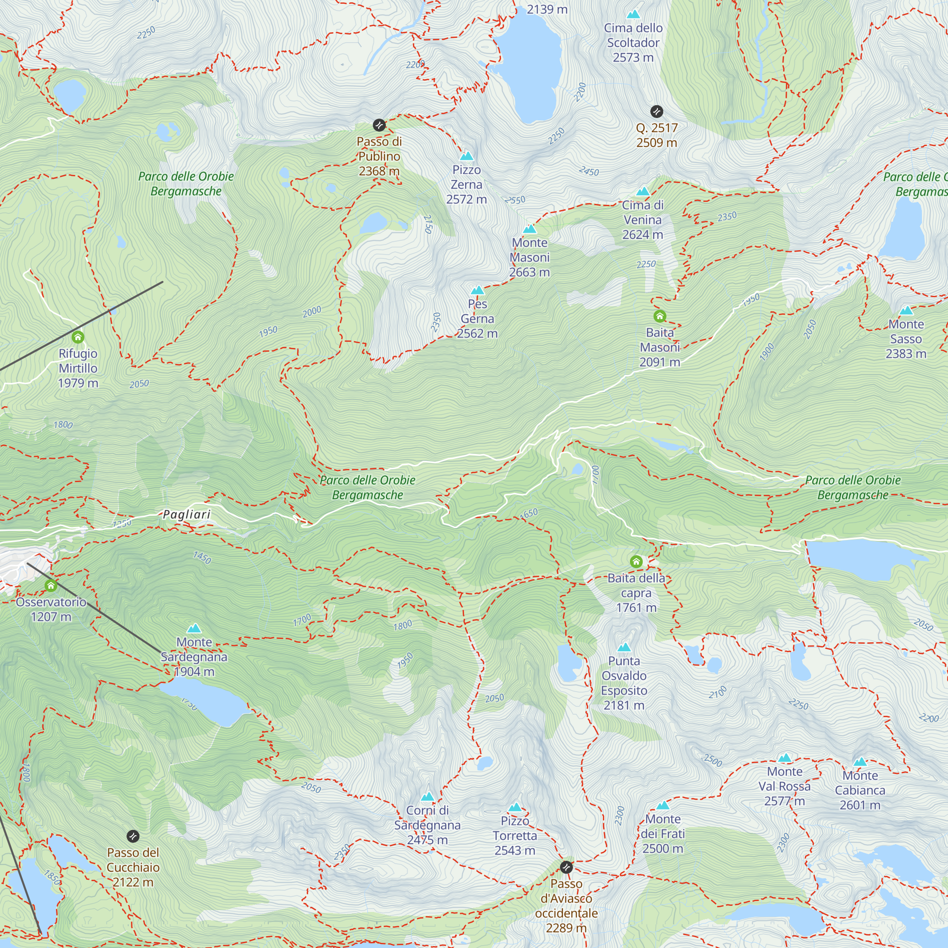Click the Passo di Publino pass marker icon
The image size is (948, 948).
pos(379,125)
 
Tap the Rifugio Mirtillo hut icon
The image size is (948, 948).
pos(78,337)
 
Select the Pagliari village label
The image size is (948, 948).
pos(186,514)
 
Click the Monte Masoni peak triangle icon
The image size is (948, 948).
pos(529,228)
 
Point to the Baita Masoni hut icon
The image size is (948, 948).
pos(659,316)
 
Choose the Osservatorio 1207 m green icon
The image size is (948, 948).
pos(51,585)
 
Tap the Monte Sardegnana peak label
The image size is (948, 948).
pos(194,656)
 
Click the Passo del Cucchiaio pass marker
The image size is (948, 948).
pos(133,836)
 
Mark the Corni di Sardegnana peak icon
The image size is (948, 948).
pos(428,796)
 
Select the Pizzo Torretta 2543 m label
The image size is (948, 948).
pos(515,836)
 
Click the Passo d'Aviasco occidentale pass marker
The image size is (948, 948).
pos(566,867)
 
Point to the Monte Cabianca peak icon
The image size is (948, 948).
pos(860,762)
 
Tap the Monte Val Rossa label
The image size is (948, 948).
pos(784,786)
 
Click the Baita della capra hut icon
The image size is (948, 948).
pos(636,561)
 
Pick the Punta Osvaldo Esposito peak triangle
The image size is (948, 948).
pos(624,647)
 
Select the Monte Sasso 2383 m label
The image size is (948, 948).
pos(906,339)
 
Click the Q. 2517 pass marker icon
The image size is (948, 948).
pos(656,111)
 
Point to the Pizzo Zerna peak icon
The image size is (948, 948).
pos(466,156)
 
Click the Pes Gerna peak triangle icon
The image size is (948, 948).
pos(477,291)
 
